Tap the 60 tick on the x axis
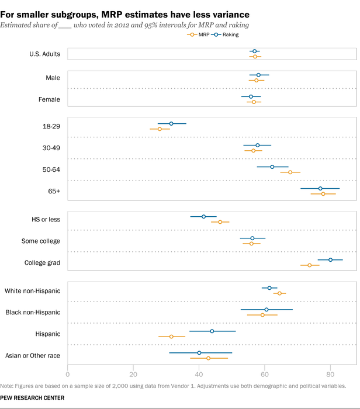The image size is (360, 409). tap(265, 373)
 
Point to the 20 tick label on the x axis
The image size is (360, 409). tap(133, 373)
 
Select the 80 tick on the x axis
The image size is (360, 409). tap(330, 373)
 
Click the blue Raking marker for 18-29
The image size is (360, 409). tap(171, 123)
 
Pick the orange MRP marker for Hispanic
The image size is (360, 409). tap(171, 337)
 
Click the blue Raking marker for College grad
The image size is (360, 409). tap(330, 259)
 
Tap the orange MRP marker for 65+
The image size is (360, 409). tap(323, 193)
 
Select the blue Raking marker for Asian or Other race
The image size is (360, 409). tap(199, 353)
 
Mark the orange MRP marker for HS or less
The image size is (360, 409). tap(220, 222)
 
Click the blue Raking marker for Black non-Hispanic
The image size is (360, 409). tap(266, 310)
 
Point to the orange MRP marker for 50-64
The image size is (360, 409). tap(290, 172)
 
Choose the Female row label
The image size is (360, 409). tap(49, 99)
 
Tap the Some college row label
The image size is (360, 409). tap(40, 241)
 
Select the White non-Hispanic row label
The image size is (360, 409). tap(32, 290)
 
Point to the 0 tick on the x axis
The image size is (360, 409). tap(68, 373)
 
